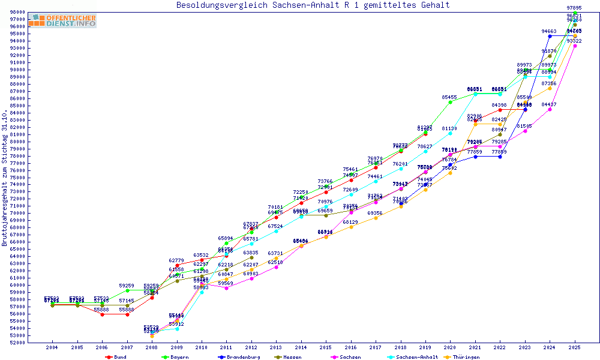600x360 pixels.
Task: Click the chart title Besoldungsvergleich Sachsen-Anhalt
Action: pos(313,5)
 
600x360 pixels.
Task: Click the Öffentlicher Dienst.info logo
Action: pos(62,21)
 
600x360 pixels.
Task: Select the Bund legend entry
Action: pos(118,357)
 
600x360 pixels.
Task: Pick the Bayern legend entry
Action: pos(175,357)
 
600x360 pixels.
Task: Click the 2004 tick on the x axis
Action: pos(52,347)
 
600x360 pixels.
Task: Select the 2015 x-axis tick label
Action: pos(326,347)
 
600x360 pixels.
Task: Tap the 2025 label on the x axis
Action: pos(575,347)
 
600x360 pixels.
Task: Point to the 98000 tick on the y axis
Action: pos(17,13)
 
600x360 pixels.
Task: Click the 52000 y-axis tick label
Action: pos(17,343)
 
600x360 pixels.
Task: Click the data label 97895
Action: pos(575,8)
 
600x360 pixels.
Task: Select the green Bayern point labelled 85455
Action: pos(450,102)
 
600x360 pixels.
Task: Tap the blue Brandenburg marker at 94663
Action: pos(550,36)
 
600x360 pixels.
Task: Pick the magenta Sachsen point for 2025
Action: pos(575,46)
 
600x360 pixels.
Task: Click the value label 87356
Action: pos(550,83)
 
